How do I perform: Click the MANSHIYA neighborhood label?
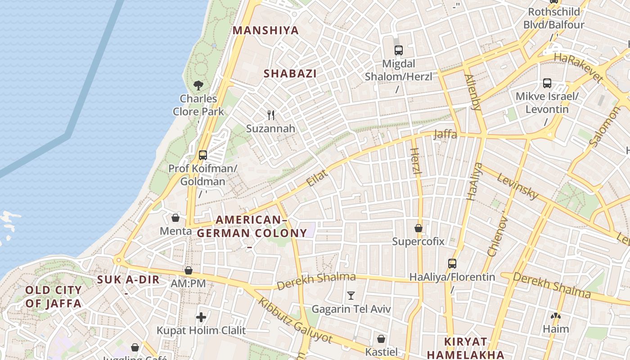(265, 31)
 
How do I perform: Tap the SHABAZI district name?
(290, 74)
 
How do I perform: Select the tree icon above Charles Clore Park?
(198, 85)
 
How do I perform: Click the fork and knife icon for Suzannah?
(271, 115)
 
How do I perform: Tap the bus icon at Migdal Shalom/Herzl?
(398, 50)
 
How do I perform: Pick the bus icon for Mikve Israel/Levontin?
(547, 83)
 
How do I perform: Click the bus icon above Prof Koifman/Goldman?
(203, 155)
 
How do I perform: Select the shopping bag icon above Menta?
(175, 218)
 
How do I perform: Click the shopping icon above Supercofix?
(418, 228)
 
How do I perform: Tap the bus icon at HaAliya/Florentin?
(452, 264)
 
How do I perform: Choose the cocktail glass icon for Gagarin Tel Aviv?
(351, 296)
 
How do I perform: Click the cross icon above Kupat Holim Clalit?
(201, 317)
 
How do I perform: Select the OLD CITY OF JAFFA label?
(54, 297)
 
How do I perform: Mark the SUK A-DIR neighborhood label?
(128, 280)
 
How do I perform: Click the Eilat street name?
(317, 178)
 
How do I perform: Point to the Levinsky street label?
(517, 186)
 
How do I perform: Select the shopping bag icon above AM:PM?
(189, 270)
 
